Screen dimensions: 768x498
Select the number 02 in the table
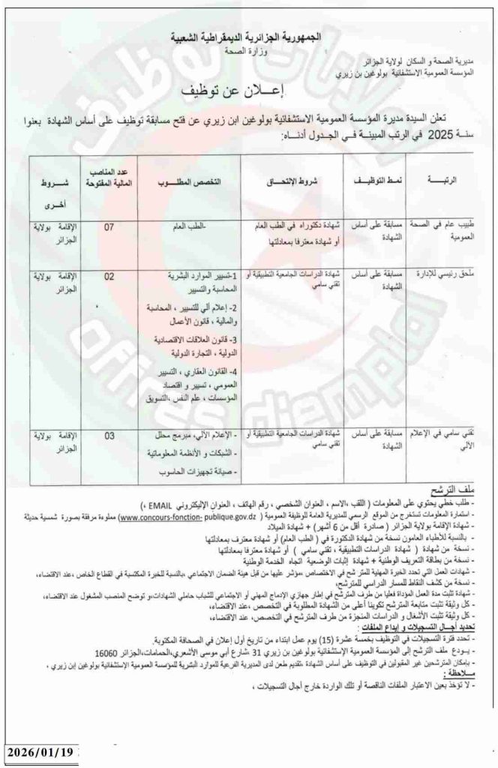pos(109,277)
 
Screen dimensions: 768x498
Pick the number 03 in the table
pos(109,435)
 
